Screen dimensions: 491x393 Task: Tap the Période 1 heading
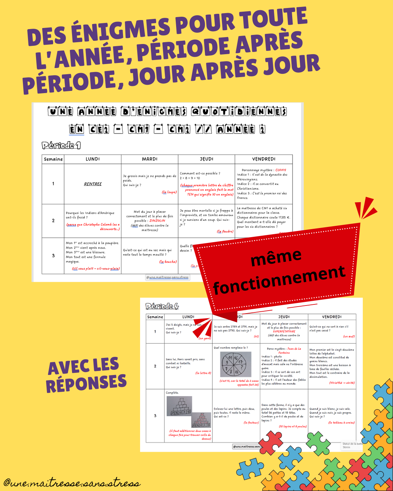[x=61, y=145]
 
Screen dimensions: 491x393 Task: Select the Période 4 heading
[x=162, y=306]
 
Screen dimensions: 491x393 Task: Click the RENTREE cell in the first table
[x=93, y=184]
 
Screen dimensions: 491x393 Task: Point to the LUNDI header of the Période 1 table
[x=93, y=159]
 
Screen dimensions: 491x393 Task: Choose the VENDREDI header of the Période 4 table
[x=332, y=317]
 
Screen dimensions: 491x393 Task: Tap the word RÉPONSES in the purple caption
[x=86, y=383]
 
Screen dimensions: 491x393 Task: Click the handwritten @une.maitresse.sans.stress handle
[x=72, y=483]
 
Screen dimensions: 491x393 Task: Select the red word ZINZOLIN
[x=157, y=220]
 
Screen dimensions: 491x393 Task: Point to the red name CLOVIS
[x=281, y=170]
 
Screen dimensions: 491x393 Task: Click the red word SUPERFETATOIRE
[x=284, y=331]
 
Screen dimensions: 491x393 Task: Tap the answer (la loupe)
[x=169, y=192]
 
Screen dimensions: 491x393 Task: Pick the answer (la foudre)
[x=225, y=231]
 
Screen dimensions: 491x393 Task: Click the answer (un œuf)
[x=349, y=336]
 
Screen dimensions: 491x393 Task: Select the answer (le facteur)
[x=251, y=423]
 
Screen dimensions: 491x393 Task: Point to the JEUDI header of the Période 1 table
[x=206, y=159]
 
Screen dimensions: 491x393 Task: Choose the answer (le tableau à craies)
[x=341, y=423]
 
